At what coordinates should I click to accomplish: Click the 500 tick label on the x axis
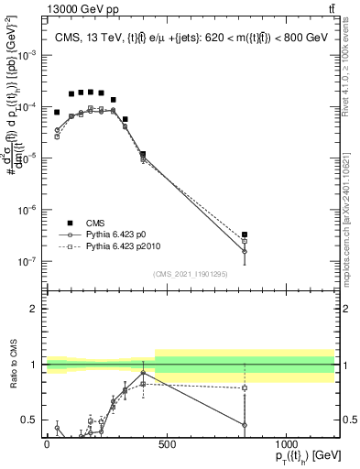[167, 444]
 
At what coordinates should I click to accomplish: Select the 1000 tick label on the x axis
[286, 444]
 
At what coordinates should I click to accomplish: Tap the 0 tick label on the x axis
[47, 444]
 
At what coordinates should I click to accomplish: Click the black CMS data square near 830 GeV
[245, 234]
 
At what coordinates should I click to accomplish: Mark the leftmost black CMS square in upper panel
[57, 113]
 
